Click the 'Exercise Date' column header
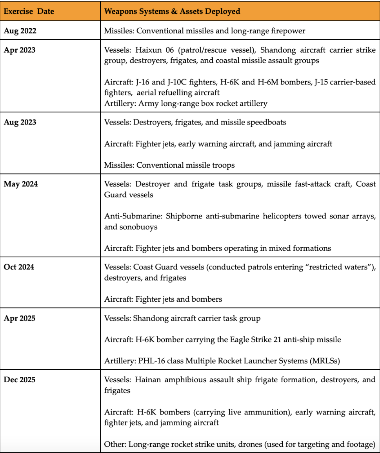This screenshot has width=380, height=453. tap(29, 11)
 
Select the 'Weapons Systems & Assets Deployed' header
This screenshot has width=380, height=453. tap(172, 11)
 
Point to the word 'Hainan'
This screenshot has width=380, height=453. tap(149, 380)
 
